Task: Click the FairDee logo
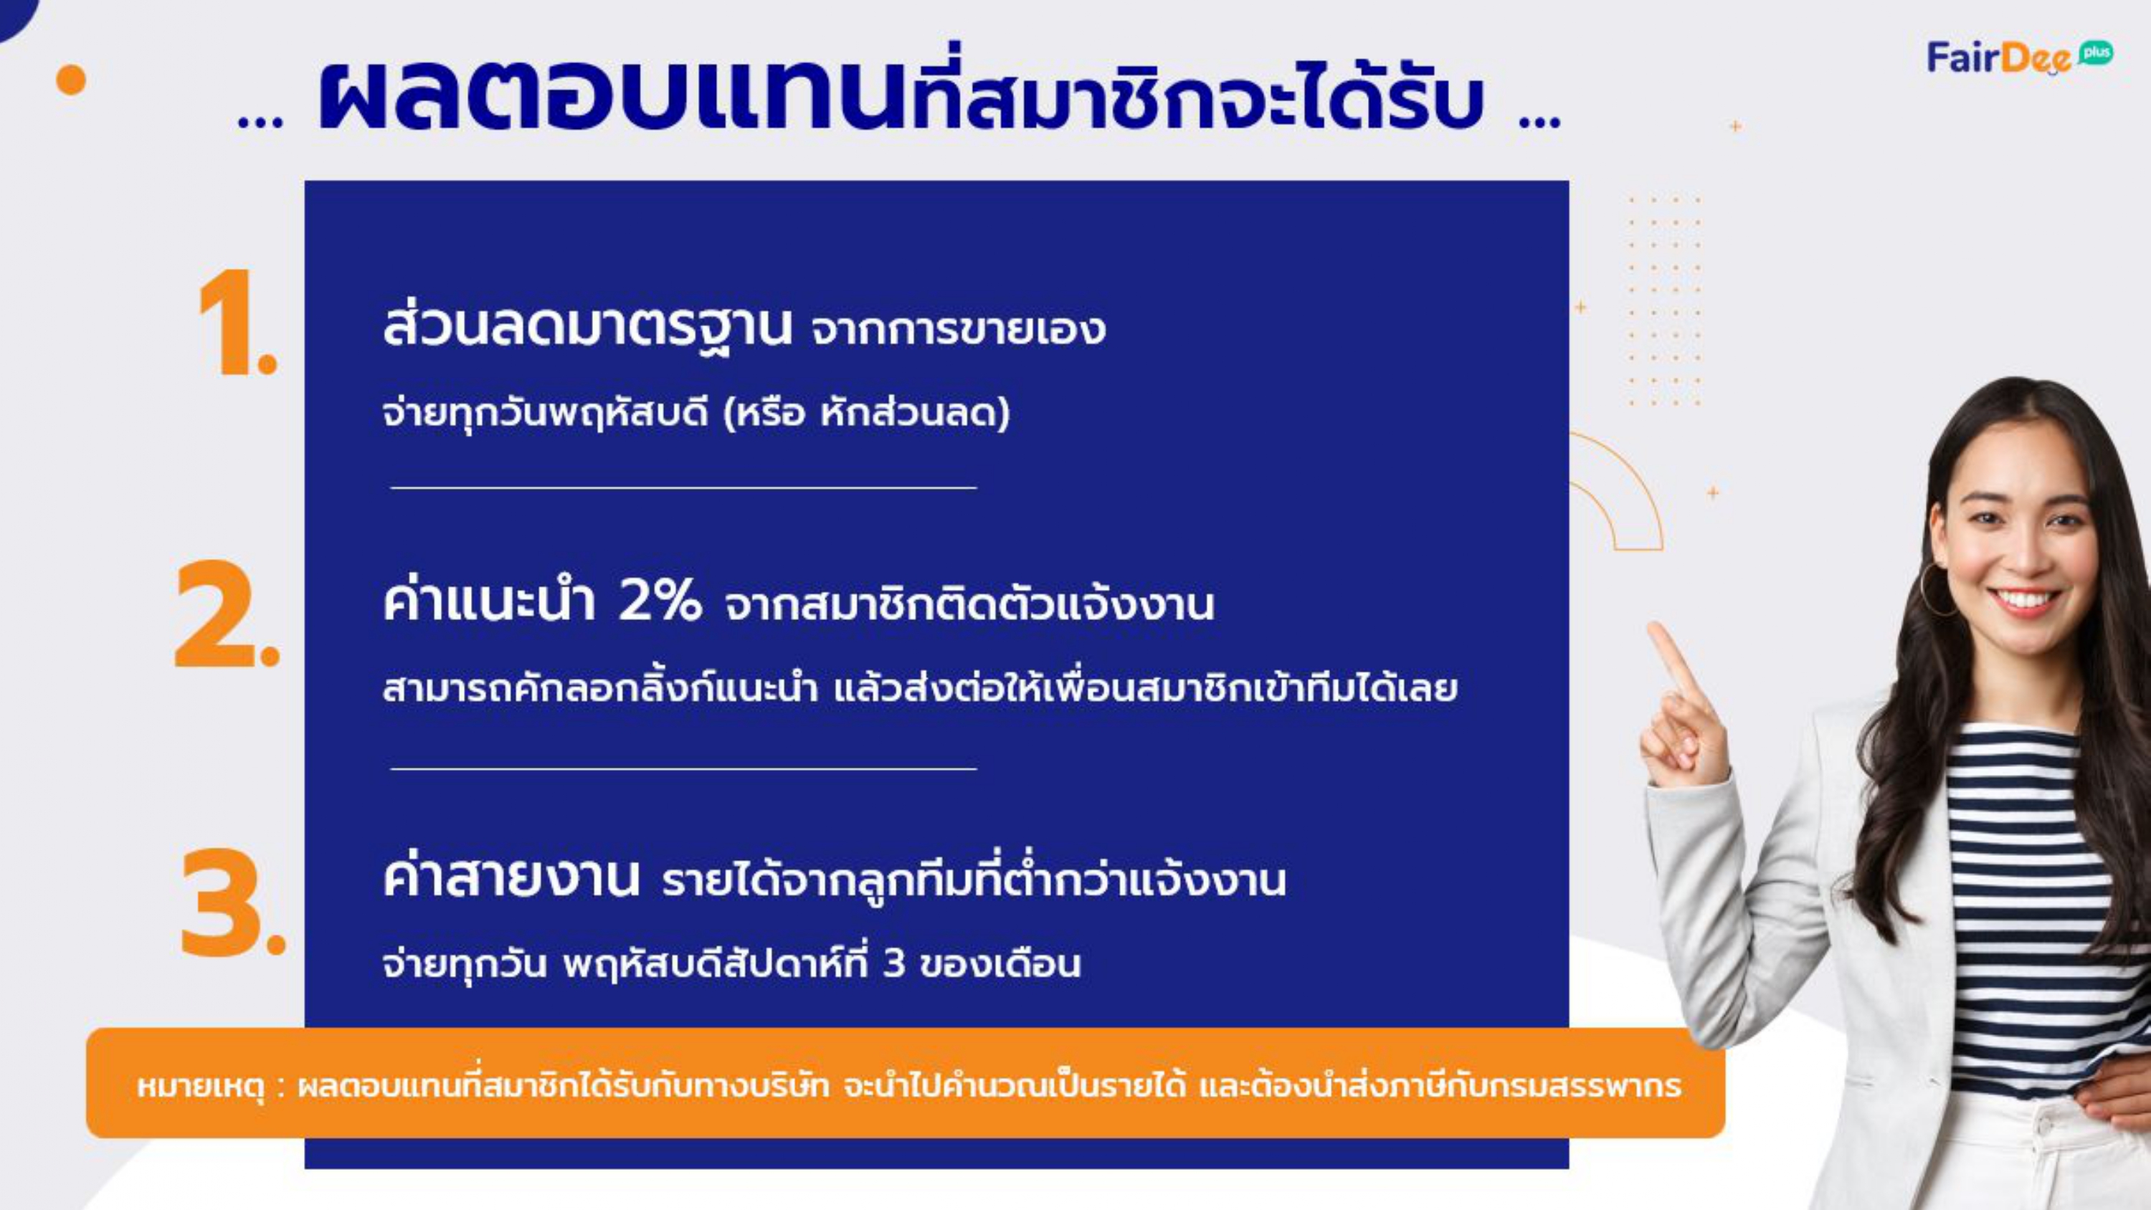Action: coord(2019,57)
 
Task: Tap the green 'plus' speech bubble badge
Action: coord(2095,52)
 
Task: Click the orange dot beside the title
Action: coord(71,80)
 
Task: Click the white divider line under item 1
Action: coord(683,487)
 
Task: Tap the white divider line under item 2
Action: coord(683,768)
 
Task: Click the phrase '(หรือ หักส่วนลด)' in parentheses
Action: coord(866,412)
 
